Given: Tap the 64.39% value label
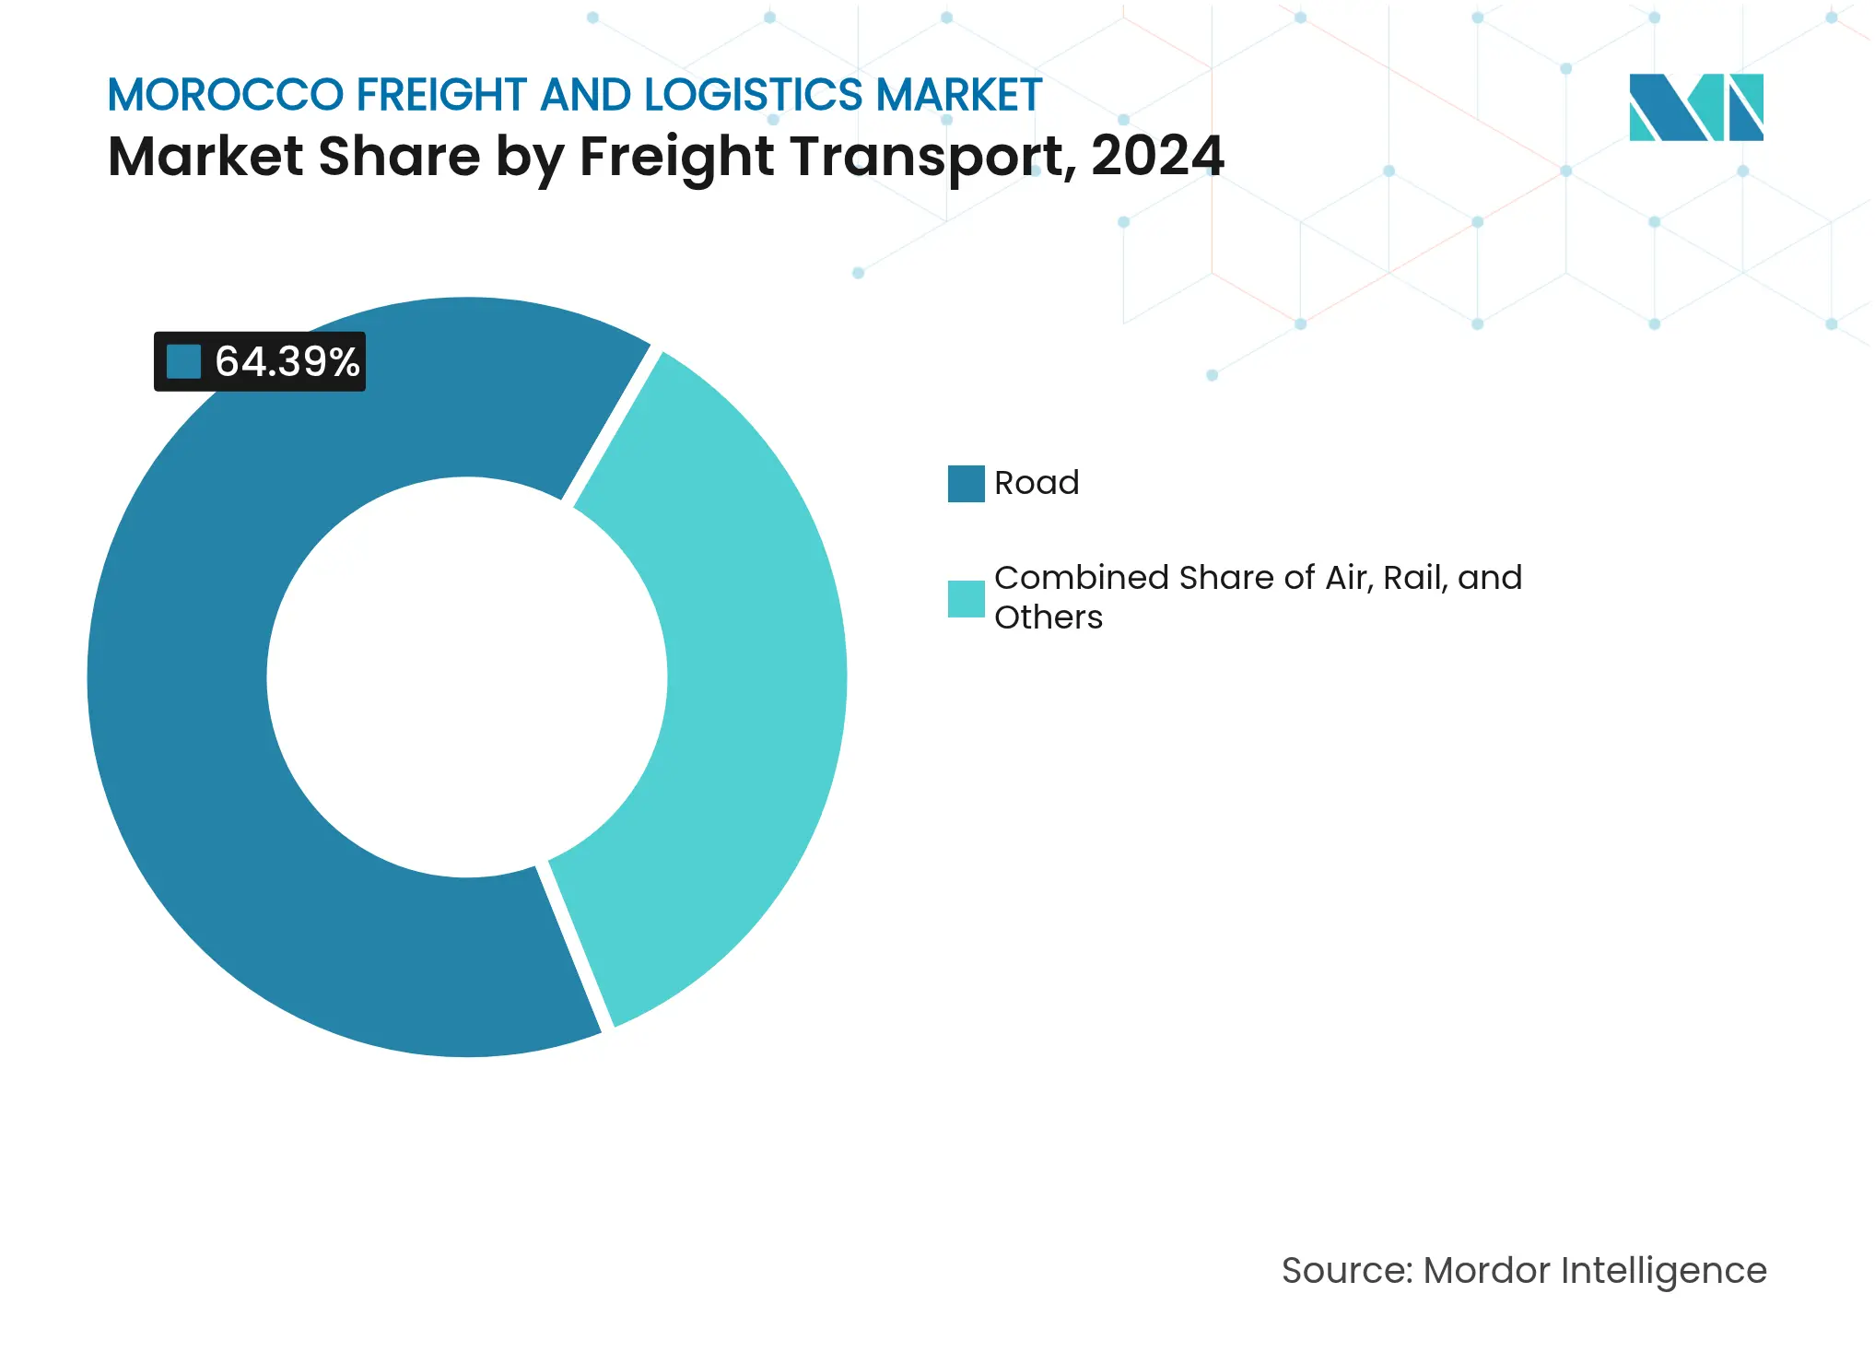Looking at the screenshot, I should pos(287,361).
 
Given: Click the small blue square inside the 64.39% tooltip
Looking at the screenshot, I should pos(183,361).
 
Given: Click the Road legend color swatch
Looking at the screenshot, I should pos(966,484).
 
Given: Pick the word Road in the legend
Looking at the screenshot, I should pos(1036,483).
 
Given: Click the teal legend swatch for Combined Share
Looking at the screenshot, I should pos(966,598).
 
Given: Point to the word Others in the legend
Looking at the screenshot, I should pos(1048,617).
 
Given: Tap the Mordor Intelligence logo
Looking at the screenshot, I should pos(1695,107).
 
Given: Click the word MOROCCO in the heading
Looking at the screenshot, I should pos(225,95).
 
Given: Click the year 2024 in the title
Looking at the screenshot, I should pos(1157,156).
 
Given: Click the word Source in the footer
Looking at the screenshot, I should pos(1344,1271).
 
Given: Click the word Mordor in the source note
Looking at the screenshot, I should pos(1486,1271).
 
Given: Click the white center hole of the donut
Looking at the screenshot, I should pos(466,677).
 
